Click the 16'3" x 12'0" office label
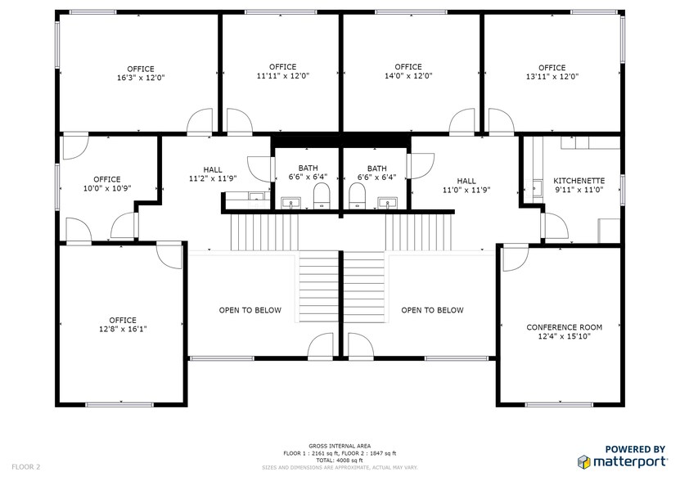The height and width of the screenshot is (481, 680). point(140,74)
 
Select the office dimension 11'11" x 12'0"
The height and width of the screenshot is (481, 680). point(282,71)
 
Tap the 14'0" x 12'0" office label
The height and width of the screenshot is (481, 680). point(408,71)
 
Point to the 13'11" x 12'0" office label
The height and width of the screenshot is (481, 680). point(552,72)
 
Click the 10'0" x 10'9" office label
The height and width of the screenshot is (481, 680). point(106,183)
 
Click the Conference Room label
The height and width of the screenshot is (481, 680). point(564,331)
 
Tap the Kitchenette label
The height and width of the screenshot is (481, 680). point(579,185)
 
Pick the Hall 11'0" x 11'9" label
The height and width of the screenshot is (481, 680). point(466,186)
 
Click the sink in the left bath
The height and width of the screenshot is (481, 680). point(290,202)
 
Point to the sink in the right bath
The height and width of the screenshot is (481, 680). point(387,202)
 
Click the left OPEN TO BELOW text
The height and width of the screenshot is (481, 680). point(250,310)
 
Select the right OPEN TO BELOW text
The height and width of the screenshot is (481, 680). point(432,310)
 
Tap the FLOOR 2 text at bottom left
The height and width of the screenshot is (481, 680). point(26,466)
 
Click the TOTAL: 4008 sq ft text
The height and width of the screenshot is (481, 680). point(340,460)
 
